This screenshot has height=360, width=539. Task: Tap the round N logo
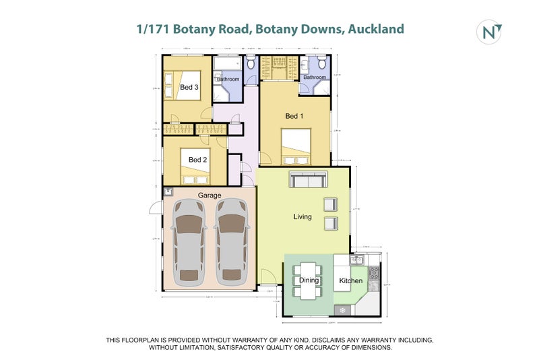(489, 32)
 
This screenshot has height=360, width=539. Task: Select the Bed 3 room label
(189, 88)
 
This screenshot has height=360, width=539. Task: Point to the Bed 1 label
(294, 117)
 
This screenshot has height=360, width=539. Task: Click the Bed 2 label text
(197, 160)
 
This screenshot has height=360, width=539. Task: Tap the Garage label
(210, 196)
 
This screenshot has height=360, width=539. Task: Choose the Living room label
(303, 217)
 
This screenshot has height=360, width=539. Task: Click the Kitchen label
(351, 280)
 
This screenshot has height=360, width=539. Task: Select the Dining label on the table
(309, 280)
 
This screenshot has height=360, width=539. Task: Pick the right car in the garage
(231, 241)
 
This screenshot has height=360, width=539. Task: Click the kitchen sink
(358, 260)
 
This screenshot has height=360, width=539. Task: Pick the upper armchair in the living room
(330, 204)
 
